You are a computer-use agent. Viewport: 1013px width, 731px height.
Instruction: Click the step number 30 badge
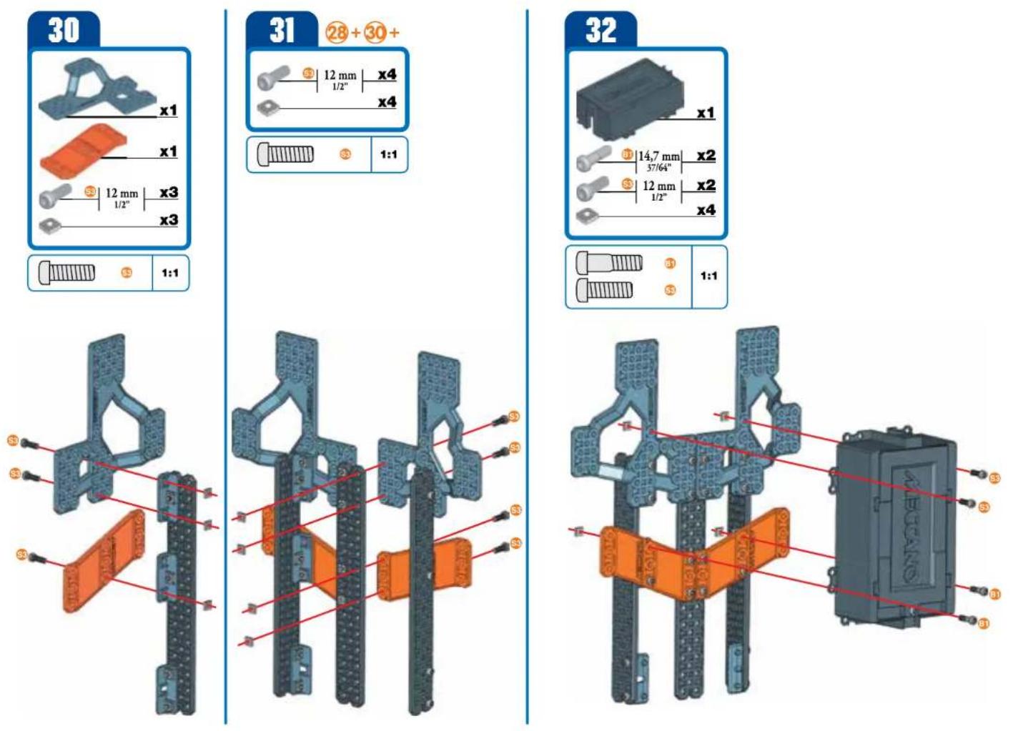point(63,31)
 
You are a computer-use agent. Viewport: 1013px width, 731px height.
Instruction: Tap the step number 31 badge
point(282,31)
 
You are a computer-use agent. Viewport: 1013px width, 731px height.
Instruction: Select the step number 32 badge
point(601,31)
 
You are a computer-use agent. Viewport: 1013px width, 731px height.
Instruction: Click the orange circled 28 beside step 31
point(337,33)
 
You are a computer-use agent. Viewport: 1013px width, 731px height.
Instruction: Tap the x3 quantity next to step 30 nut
point(169,220)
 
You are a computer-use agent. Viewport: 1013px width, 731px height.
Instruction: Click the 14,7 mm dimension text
point(658,156)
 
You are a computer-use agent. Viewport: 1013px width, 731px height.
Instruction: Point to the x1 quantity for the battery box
point(706,113)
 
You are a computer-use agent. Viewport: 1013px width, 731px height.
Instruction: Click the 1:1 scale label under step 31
point(388,154)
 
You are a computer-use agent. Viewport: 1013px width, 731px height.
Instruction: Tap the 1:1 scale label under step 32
point(708,276)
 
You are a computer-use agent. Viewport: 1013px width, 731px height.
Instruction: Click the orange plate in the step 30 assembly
point(104,562)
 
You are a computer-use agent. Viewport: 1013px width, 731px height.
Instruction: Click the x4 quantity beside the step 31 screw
point(387,75)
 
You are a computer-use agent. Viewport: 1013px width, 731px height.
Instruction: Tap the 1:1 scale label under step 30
point(170,273)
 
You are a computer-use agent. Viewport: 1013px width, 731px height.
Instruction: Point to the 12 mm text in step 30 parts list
point(122,194)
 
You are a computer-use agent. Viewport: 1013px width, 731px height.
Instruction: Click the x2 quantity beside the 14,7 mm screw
point(706,156)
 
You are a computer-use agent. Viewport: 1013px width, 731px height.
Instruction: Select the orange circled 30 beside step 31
point(375,33)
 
